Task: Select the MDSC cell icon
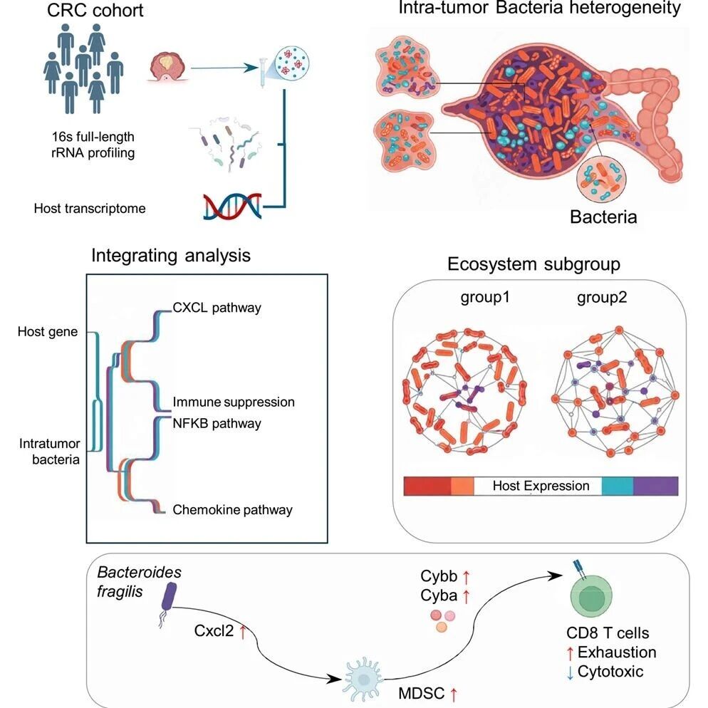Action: (364, 677)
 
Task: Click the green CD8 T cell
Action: (591, 595)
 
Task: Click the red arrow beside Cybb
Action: (466, 577)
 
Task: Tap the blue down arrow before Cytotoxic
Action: (570, 672)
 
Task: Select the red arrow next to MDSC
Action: (454, 694)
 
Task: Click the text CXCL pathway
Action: (217, 308)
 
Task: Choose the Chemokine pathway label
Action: (232, 510)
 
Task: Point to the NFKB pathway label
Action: (217, 424)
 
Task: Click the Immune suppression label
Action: (234, 402)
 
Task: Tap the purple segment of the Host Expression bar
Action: (655, 486)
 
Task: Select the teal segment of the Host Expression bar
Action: (618, 486)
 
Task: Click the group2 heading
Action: (602, 298)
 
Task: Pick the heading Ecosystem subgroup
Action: (533, 264)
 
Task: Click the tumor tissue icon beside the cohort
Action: (167, 67)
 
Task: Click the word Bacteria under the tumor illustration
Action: (603, 217)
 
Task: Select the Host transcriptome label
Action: (90, 209)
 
